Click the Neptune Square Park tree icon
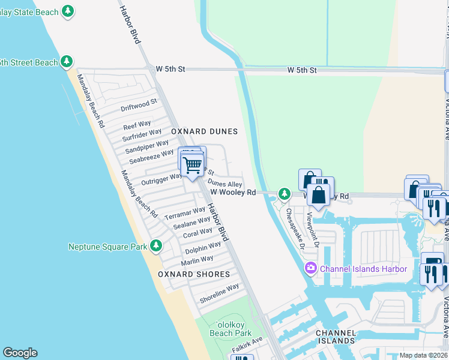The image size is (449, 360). (156, 246)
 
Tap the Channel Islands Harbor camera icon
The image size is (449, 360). (311, 268)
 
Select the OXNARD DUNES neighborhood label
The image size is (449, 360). (204, 131)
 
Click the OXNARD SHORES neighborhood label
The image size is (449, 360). (194, 274)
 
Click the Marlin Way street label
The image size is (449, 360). (197, 260)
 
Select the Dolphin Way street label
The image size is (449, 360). (203, 247)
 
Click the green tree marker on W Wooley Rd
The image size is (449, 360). (285, 194)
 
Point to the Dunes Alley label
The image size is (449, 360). (225, 184)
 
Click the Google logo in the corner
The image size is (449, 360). (20, 353)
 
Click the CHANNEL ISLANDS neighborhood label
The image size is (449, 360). (336, 336)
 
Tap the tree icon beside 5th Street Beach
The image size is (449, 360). (67, 62)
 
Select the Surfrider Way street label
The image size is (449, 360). (142, 135)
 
